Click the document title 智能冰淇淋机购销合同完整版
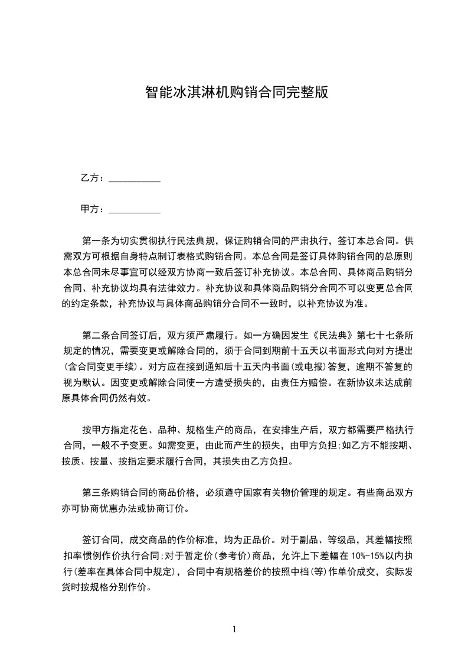(x=236, y=92)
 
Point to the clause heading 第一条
(x=96, y=241)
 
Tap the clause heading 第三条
(x=96, y=492)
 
